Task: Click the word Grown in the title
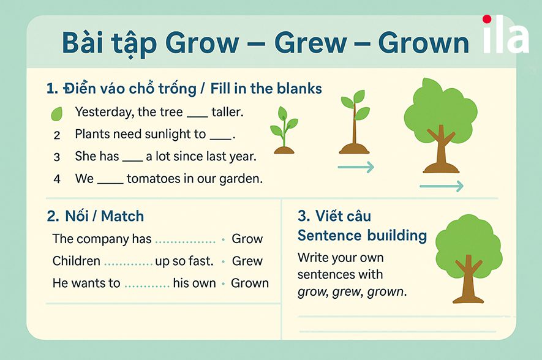pos(423,43)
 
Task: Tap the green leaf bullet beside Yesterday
pos(56,113)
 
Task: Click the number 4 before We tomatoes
pos(57,179)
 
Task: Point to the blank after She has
pos(132,157)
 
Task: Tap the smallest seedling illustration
pos(283,130)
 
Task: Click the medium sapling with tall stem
pos(354,122)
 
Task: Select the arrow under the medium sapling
pos(355,167)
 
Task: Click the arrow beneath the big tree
pos(441,186)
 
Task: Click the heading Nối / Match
pos(96,216)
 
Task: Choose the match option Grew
pos(247,261)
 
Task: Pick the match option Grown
pos(250,283)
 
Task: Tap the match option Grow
pos(247,239)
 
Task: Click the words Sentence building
pos(362,235)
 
